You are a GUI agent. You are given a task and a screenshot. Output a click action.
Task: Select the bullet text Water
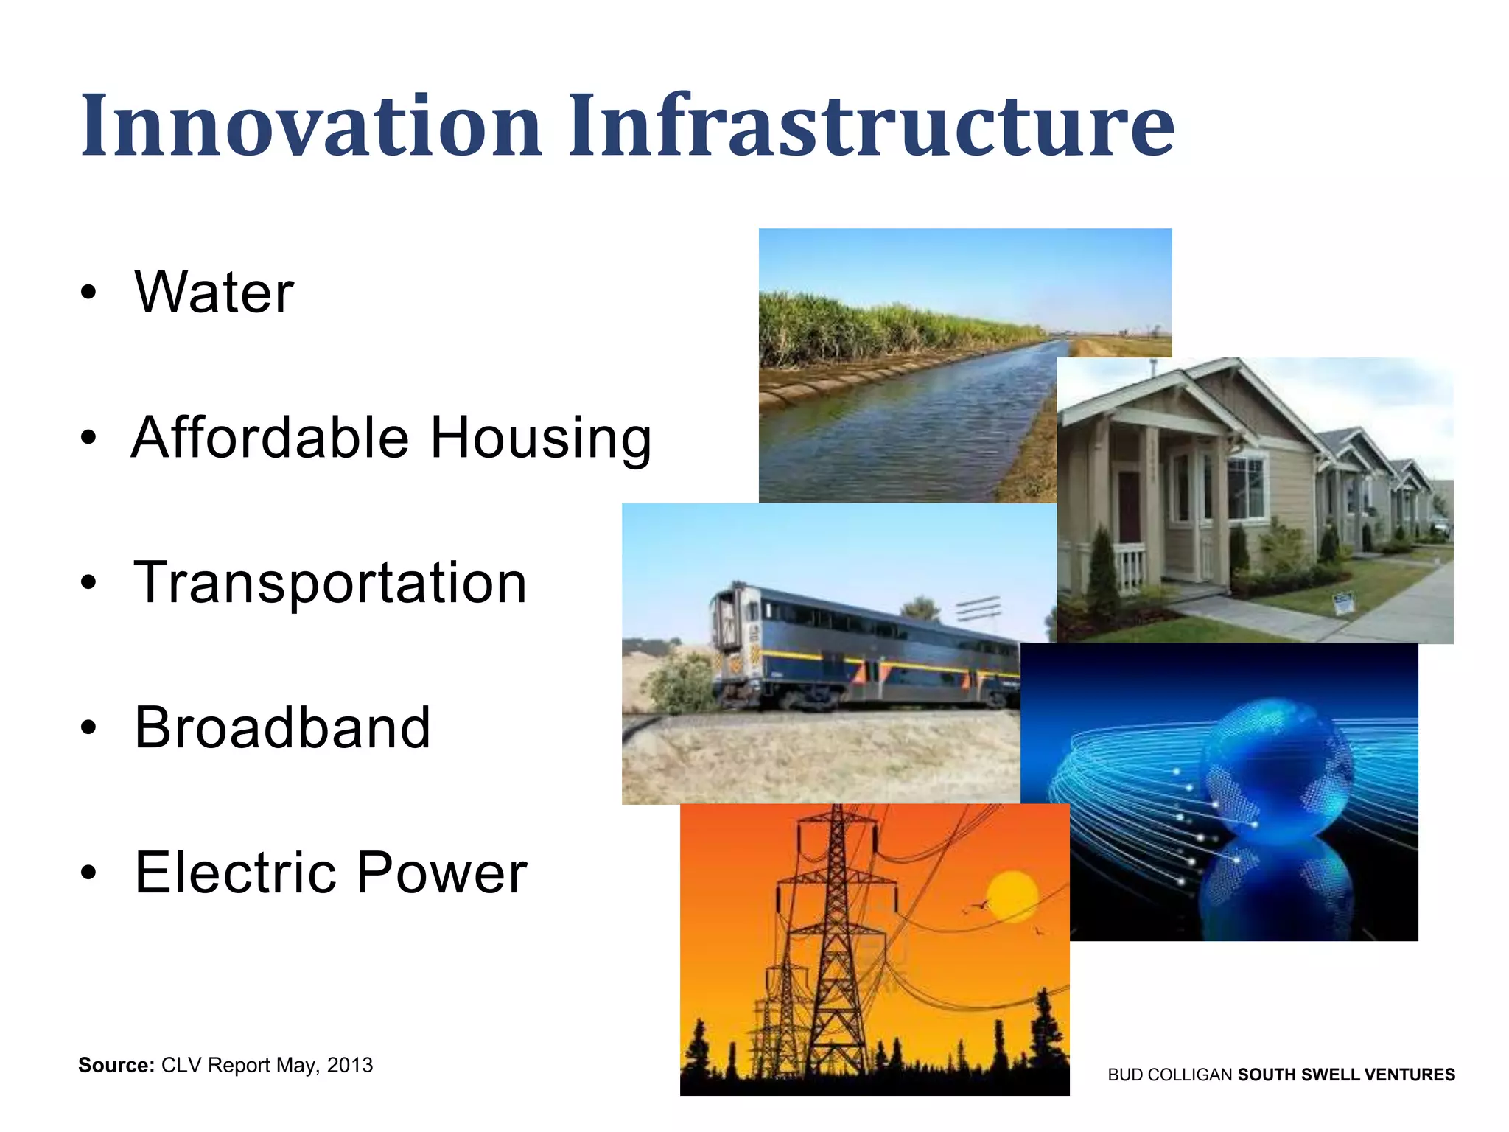point(214,292)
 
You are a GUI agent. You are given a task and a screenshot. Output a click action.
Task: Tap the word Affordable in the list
point(270,437)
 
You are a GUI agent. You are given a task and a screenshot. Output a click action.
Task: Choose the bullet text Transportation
point(330,582)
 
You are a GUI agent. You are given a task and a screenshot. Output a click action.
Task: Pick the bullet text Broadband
point(282,727)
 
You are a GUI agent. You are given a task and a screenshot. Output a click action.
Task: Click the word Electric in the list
point(235,872)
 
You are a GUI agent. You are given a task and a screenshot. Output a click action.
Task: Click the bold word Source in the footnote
point(116,1065)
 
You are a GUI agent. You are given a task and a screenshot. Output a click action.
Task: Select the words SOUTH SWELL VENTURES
point(1346,1075)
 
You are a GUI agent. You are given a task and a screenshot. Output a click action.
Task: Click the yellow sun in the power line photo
point(1012,895)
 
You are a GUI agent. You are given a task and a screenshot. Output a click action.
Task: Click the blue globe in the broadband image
point(1278,770)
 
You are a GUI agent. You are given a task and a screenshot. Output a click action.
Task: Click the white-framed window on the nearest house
point(1246,486)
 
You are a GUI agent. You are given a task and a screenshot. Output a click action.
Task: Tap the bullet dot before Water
point(88,293)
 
